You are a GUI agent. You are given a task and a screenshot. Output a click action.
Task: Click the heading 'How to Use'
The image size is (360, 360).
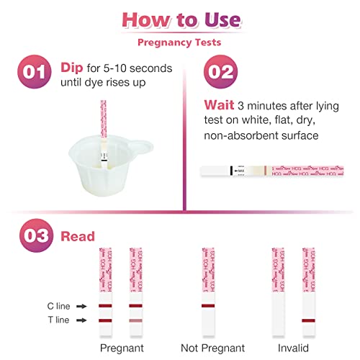pos(179,17)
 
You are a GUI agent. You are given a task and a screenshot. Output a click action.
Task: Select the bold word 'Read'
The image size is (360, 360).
pos(77,235)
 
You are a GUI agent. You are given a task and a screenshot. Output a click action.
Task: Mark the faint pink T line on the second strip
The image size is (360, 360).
pos(135,320)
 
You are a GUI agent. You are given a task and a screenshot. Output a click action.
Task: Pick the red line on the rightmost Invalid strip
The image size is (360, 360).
pos(308,320)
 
